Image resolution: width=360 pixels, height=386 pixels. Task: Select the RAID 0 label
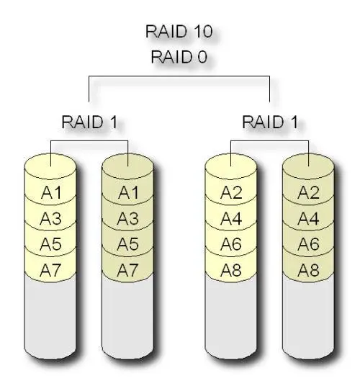[x=179, y=57]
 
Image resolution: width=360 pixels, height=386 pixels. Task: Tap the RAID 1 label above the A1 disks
[x=89, y=121]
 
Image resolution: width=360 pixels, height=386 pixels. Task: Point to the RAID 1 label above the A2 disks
[x=269, y=121]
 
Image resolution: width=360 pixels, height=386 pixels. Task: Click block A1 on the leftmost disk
[x=50, y=192]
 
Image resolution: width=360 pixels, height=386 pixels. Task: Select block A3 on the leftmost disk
[x=50, y=218]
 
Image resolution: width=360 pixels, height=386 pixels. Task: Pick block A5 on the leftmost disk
[x=50, y=244]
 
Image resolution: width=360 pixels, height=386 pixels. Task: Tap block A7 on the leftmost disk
[x=50, y=270]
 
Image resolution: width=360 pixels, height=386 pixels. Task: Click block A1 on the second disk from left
[x=127, y=192]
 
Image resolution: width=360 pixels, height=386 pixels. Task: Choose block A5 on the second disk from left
[x=127, y=244]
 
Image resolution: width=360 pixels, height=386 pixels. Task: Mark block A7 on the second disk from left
[x=127, y=270]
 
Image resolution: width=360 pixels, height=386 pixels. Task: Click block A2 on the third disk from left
[x=230, y=192]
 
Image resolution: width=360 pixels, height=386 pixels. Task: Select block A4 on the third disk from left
[x=230, y=218]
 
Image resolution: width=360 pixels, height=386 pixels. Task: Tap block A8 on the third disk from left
[x=230, y=270]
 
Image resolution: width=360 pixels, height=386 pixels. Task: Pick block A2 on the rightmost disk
[x=308, y=192]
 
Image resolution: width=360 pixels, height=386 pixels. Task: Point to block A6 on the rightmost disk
[x=308, y=244]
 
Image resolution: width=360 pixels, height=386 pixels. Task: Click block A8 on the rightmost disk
[x=308, y=270]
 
